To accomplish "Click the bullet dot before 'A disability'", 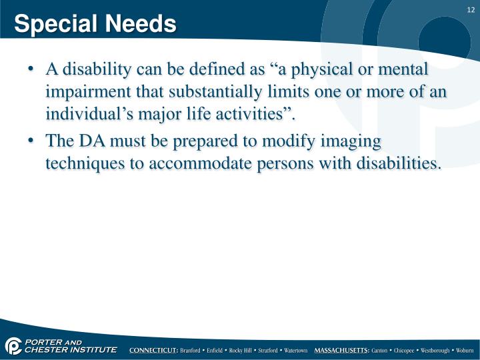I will tap(33, 69).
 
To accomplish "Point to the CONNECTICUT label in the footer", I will tap(153, 350).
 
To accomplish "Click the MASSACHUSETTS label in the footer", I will tap(341, 350).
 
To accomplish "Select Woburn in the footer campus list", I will tap(462, 350).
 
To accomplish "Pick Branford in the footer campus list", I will tap(193, 350).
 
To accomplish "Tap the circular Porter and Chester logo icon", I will tap(13, 345).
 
